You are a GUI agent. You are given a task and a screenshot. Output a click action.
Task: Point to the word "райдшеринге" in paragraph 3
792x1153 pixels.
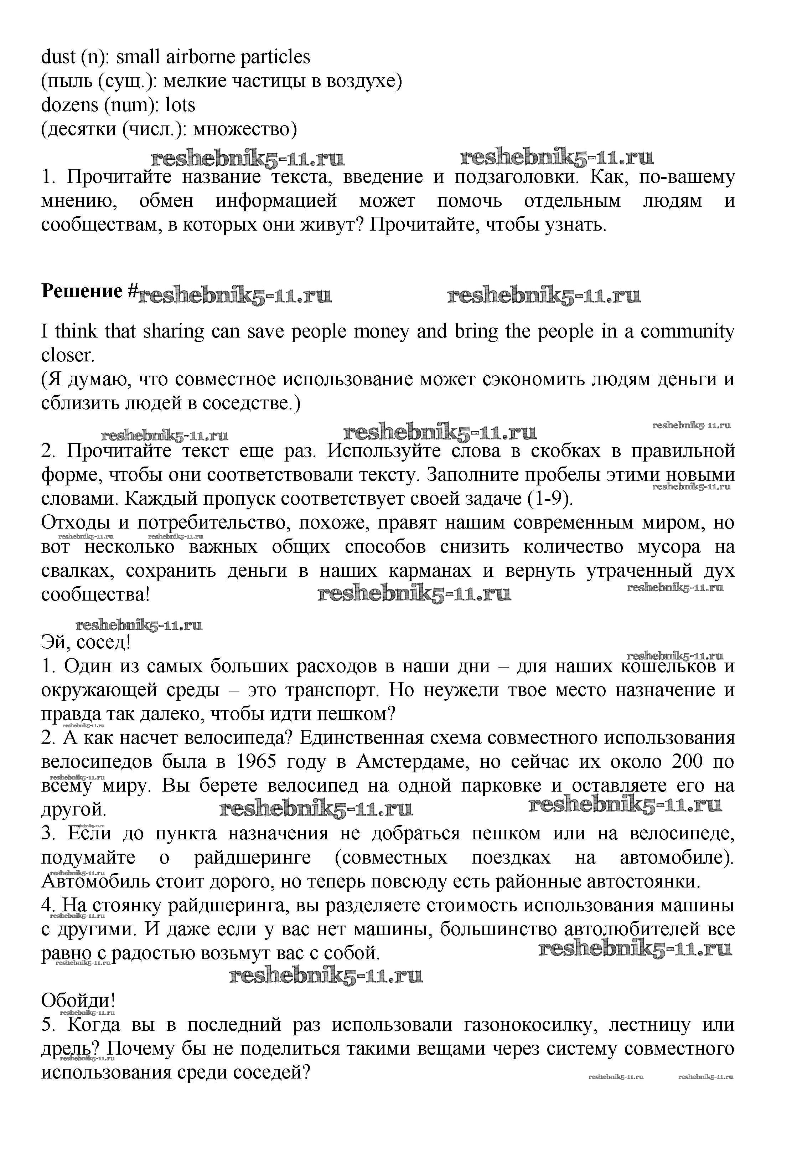pyautogui.click(x=252, y=857)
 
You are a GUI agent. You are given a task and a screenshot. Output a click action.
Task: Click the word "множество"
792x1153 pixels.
pyautogui.click(x=245, y=129)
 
